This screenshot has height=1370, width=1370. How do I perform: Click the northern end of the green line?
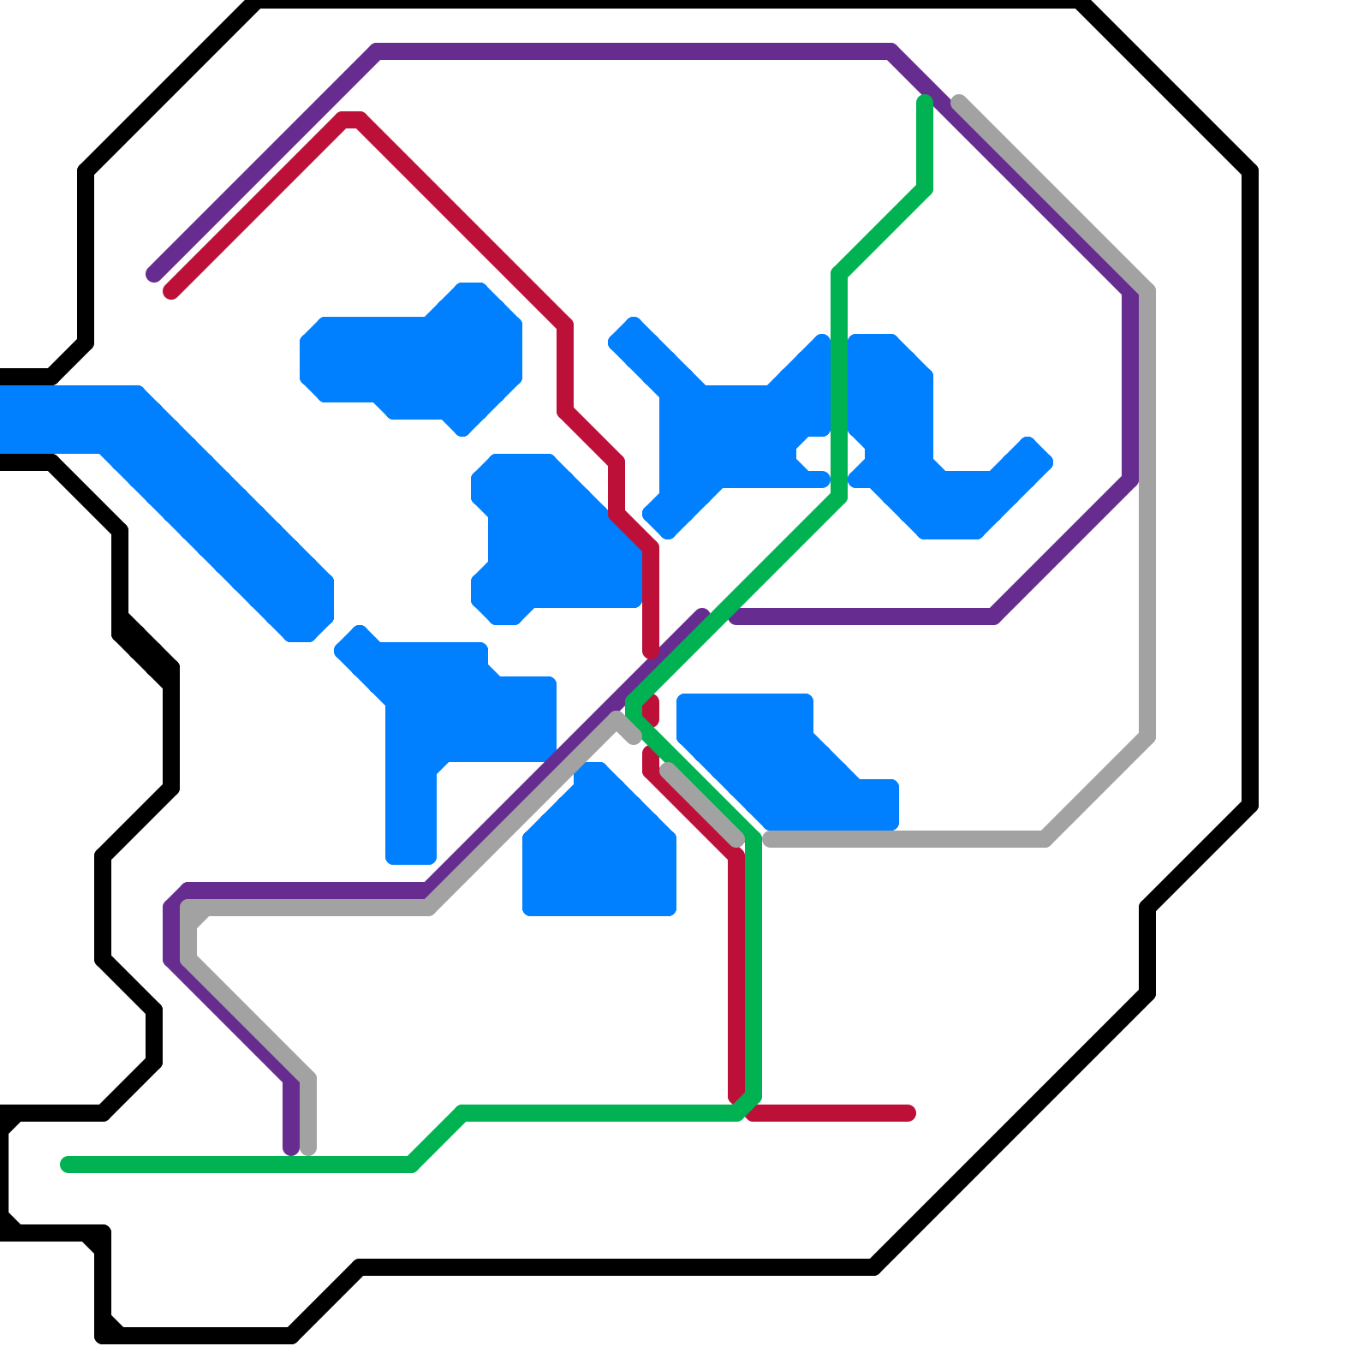[925, 102]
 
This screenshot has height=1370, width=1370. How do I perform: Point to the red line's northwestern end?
[171, 292]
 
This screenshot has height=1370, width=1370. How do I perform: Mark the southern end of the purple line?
[291, 1148]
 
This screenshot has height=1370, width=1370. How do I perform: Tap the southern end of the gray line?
[309, 1148]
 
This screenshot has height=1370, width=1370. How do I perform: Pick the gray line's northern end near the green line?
[959, 102]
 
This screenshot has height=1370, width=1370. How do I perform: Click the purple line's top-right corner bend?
[892, 51]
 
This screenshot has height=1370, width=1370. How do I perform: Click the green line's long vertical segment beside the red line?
[753, 968]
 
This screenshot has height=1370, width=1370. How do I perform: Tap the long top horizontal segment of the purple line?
[634, 51]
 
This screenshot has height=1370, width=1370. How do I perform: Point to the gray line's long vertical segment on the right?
[1148, 514]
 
